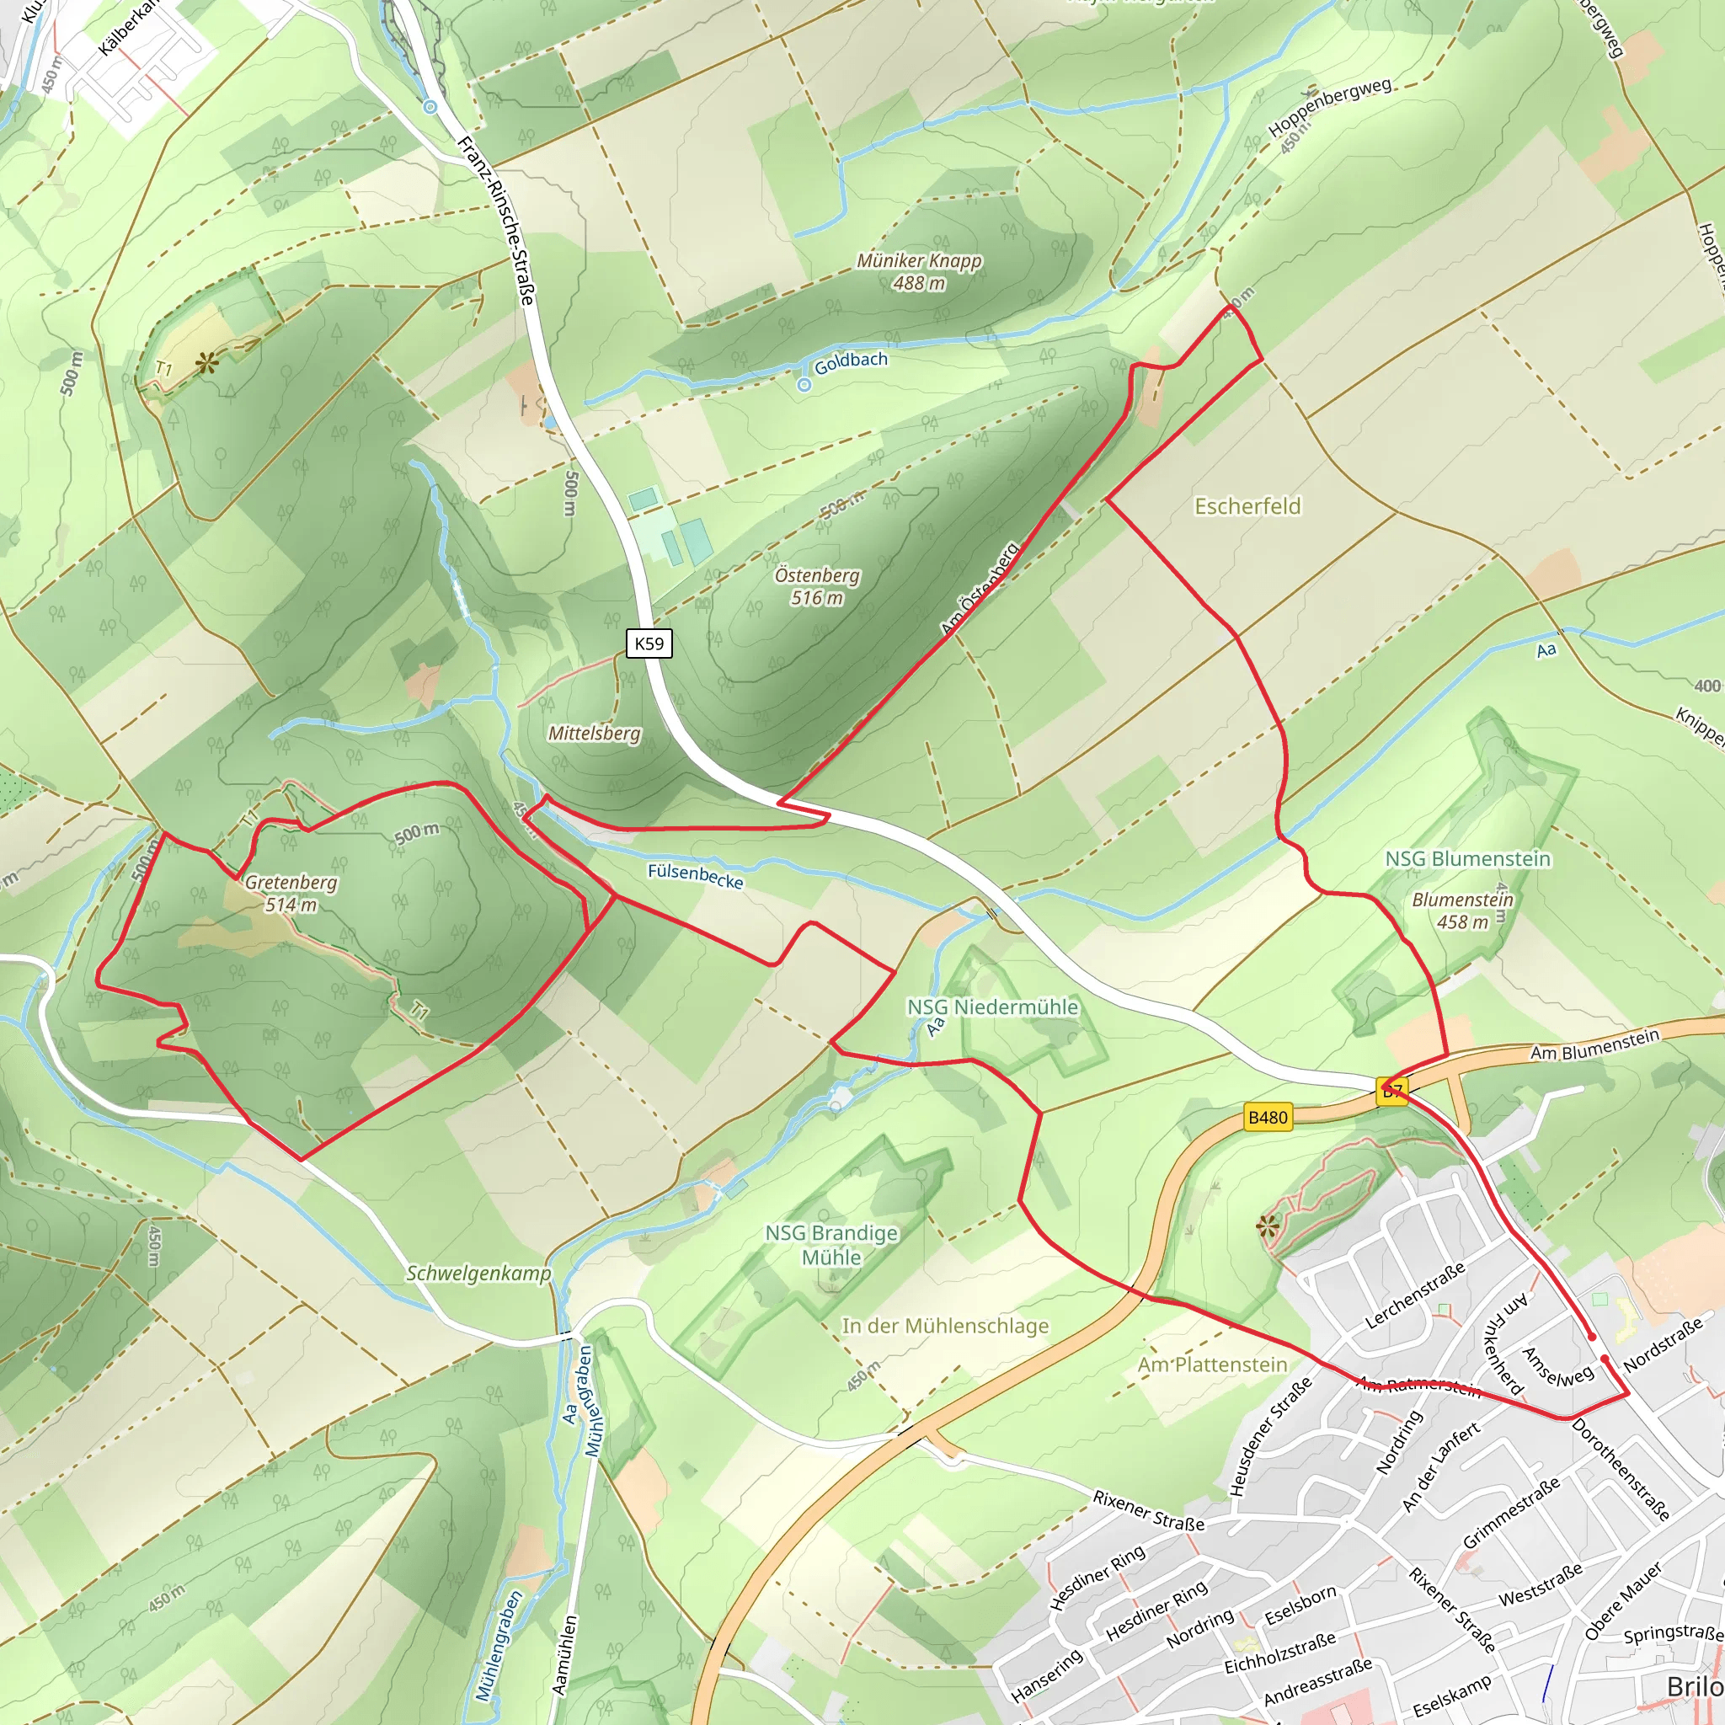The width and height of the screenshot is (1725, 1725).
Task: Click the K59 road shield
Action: (649, 643)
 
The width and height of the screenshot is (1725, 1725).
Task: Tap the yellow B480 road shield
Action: (1268, 1117)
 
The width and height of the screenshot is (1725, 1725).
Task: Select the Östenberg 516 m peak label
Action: (817, 586)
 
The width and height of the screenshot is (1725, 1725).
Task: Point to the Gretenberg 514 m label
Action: (291, 893)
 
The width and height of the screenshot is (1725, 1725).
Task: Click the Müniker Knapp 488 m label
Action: (919, 271)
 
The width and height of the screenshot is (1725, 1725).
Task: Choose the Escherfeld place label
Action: (1247, 506)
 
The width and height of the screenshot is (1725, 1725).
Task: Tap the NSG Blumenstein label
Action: (1468, 858)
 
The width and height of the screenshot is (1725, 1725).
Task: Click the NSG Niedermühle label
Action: (992, 1007)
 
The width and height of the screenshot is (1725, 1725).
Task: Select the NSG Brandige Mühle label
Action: (831, 1245)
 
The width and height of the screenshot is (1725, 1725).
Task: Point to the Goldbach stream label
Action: (851, 360)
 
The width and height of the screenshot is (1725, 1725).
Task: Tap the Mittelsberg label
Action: (595, 733)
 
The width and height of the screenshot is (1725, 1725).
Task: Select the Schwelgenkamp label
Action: (478, 1274)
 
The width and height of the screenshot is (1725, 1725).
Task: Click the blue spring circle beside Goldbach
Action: (804, 385)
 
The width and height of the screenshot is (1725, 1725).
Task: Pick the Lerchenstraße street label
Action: (1415, 1295)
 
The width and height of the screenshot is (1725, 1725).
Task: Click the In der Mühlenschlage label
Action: (945, 1326)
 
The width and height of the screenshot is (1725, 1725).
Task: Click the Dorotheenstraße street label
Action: (1620, 1469)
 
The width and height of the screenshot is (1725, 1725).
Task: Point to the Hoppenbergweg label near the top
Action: (1329, 107)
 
